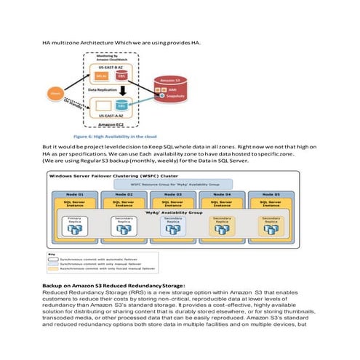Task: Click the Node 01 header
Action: [x=75, y=196]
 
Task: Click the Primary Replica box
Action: [x=75, y=226]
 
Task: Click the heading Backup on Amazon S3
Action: [x=119, y=286]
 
